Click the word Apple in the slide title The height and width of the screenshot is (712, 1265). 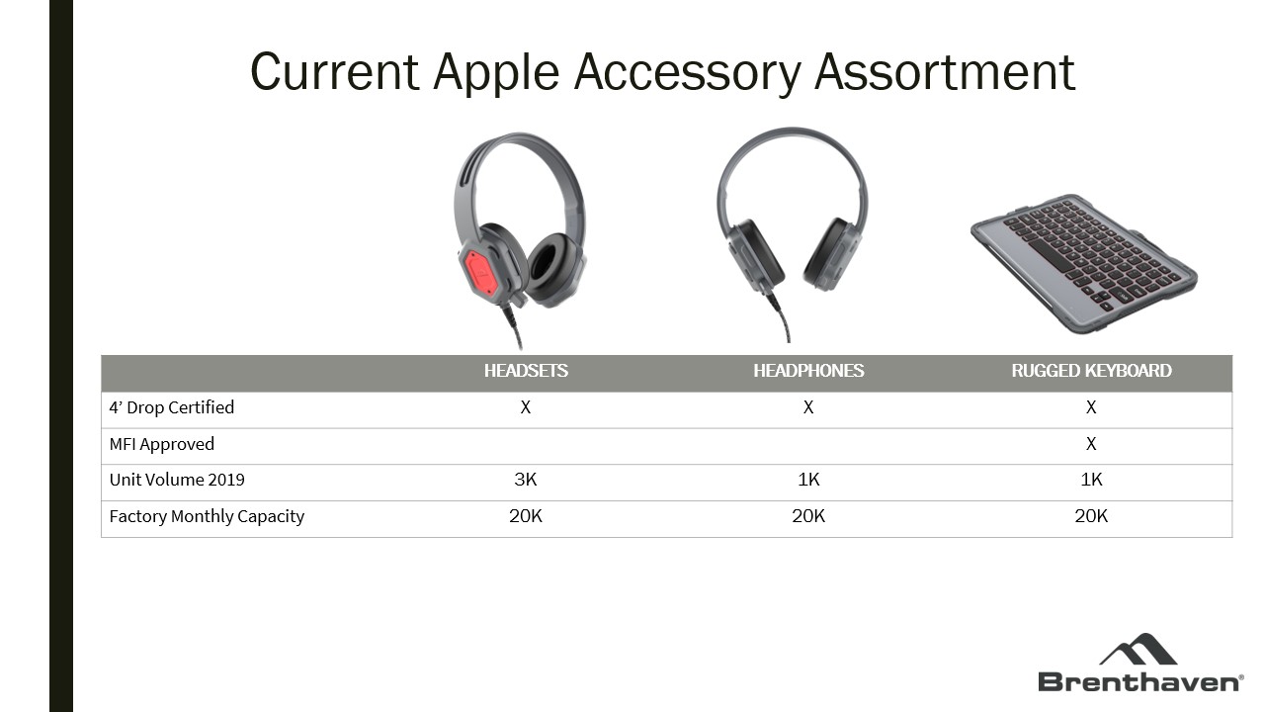click(x=496, y=73)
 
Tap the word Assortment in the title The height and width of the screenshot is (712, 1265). click(x=944, y=72)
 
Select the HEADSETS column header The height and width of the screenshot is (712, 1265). click(x=526, y=371)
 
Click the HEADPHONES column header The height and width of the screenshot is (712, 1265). click(x=808, y=371)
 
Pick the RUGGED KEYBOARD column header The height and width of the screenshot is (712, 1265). click(x=1091, y=371)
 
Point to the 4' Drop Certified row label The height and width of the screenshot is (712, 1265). click(x=172, y=407)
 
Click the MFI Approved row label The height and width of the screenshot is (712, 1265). click(x=161, y=444)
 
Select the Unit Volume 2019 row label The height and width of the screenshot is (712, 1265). click(x=177, y=480)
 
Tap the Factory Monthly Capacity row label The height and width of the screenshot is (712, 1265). click(x=207, y=516)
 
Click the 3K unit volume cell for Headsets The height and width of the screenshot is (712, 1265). click(x=525, y=480)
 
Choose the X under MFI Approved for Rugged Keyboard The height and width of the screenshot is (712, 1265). click(x=1091, y=444)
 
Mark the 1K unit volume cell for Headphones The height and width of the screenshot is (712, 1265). click(x=808, y=480)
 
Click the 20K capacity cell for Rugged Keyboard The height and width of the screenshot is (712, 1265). click(x=1091, y=516)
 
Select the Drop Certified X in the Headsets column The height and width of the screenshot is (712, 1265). click(x=525, y=407)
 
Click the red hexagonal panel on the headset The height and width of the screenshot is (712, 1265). click(x=480, y=274)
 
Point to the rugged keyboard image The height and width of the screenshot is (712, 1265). click(x=1084, y=263)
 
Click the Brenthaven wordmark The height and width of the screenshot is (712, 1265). click(x=1140, y=682)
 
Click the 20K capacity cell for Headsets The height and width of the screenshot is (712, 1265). click(x=525, y=516)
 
